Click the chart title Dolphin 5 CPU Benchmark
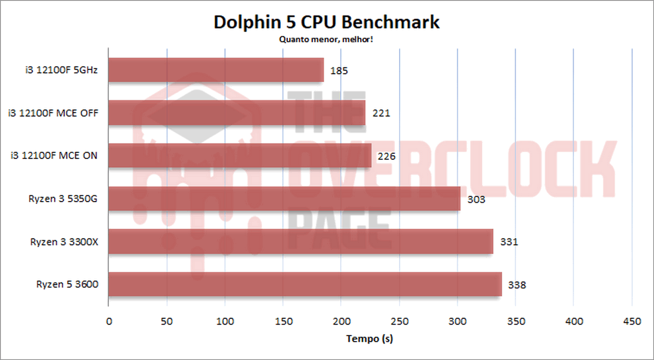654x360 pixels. click(x=326, y=22)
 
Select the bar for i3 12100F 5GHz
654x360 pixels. click(x=216, y=70)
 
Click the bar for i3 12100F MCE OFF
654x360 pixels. click(x=237, y=113)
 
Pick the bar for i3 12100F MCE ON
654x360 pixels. click(x=240, y=156)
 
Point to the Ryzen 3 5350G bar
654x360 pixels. click(x=284, y=199)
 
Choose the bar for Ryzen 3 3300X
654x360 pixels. click(x=300, y=242)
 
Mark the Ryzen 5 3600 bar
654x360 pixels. click(x=305, y=284)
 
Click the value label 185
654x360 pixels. click(x=339, y=71)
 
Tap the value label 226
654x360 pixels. click(x=386, y=157)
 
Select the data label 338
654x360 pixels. click(x=517, y=285)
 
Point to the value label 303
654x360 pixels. click(x=476, y=200)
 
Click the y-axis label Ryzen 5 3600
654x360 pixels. click(x=67, y=284)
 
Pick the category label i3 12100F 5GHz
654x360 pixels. click(x=61, y=70)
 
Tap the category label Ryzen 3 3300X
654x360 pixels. click(x=64, y=242)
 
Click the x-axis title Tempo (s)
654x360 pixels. click(x=369, y=338)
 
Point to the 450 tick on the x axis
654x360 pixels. click(x=632, y=321)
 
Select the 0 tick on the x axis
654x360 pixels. click(x=109, y=321)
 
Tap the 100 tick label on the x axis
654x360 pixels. click(x=225, y=321)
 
